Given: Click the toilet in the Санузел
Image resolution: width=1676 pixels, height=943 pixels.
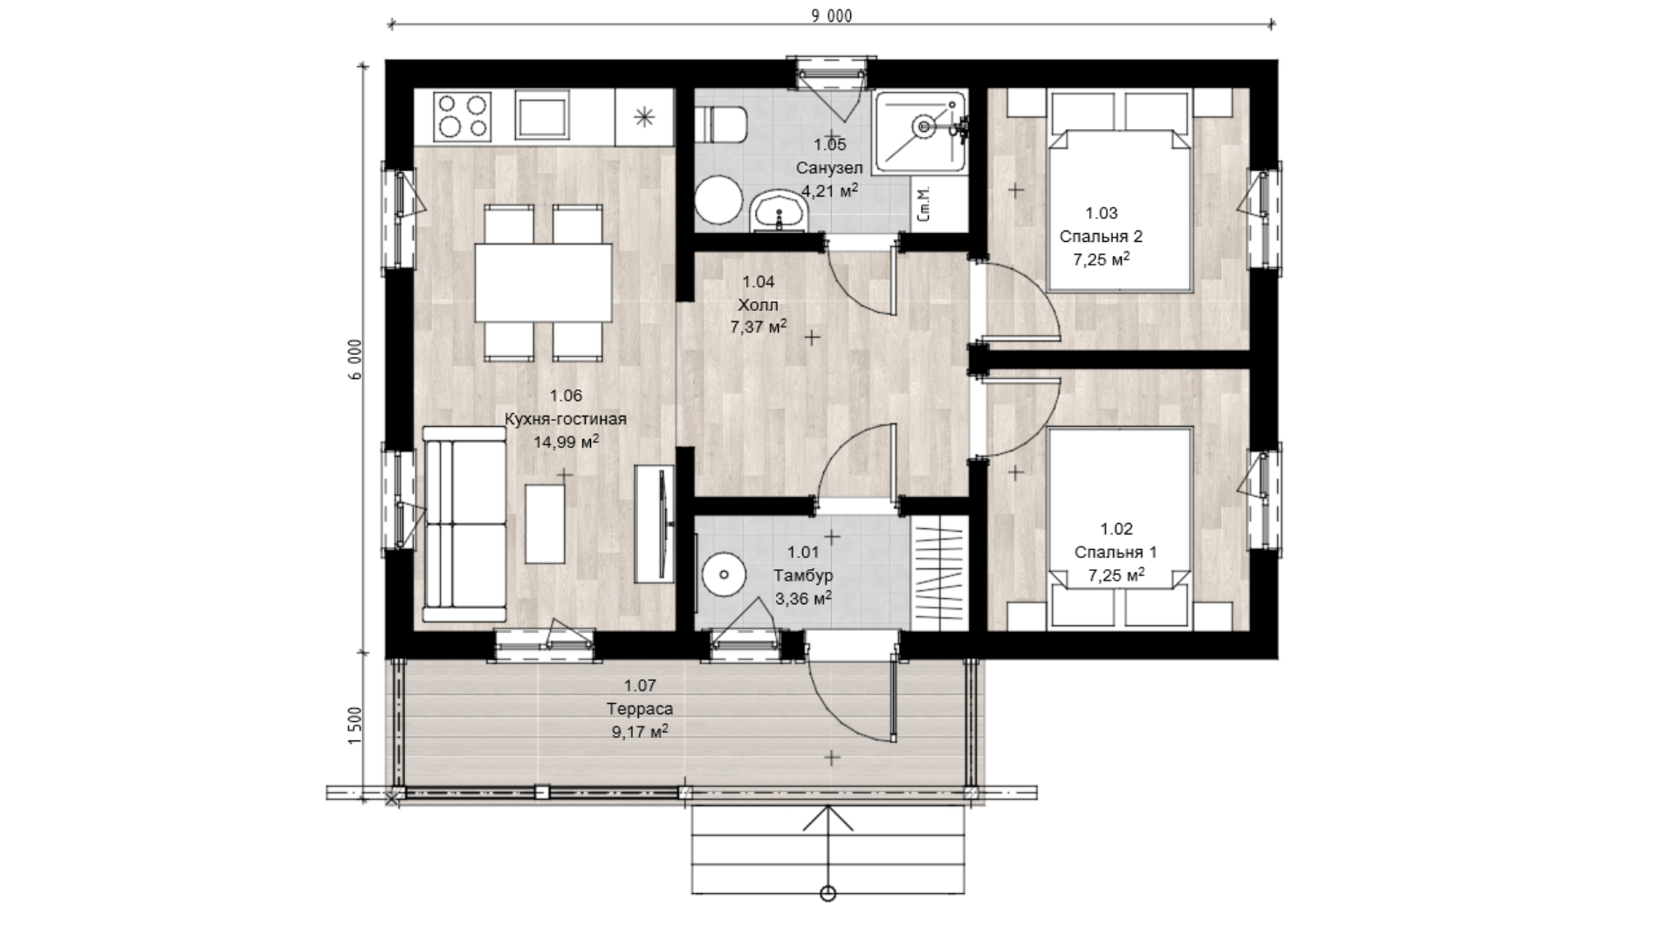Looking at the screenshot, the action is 723,125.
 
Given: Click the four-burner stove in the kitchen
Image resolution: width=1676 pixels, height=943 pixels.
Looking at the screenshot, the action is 463,117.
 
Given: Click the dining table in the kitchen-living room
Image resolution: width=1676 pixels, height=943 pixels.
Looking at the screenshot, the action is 543,283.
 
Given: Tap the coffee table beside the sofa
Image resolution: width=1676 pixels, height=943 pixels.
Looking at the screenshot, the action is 546,523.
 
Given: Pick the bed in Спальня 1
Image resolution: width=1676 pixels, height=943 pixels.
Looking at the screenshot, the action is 1121,527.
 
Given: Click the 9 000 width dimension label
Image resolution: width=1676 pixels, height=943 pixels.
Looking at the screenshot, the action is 831,16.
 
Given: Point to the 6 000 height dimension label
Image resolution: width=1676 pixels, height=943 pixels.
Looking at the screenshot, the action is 354,359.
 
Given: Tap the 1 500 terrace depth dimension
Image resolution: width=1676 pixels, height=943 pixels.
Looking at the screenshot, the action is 354,725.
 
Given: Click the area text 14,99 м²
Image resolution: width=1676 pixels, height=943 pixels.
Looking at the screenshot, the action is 566,442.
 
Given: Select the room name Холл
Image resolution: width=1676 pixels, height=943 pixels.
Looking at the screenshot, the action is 758,305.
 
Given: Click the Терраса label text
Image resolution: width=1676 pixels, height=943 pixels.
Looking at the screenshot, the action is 640,709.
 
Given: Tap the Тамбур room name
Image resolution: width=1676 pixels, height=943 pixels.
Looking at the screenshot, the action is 803,575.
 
